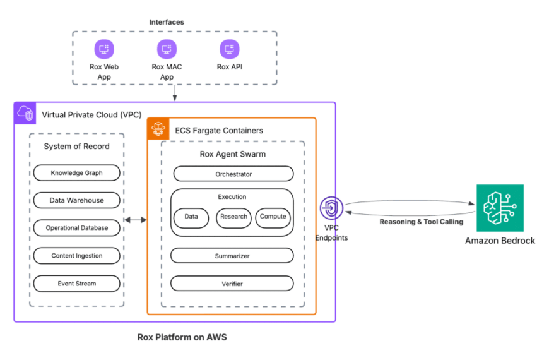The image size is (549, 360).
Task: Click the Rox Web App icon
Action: (103, 49)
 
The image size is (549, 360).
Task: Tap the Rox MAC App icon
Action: (167, 49)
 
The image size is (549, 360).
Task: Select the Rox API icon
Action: (229, 49)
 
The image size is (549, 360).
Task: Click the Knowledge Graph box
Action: (76, 173)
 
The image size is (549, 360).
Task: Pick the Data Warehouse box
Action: (76, 200)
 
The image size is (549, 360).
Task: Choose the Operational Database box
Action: (76, 228)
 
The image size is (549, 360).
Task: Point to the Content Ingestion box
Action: (76, 256)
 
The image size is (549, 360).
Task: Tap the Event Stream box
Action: (76, 284)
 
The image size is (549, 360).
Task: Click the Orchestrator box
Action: (233, 174)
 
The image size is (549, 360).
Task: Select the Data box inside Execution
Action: (191, 217)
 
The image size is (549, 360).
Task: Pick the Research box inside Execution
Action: (233, 217)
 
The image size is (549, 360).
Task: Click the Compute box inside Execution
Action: (273, 217)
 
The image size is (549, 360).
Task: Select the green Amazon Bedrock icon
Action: (500, 208)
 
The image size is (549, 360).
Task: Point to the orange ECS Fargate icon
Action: (158, 129)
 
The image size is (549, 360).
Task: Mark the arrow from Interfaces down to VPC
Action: (175, 93)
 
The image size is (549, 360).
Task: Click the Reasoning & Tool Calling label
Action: (421, 222)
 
